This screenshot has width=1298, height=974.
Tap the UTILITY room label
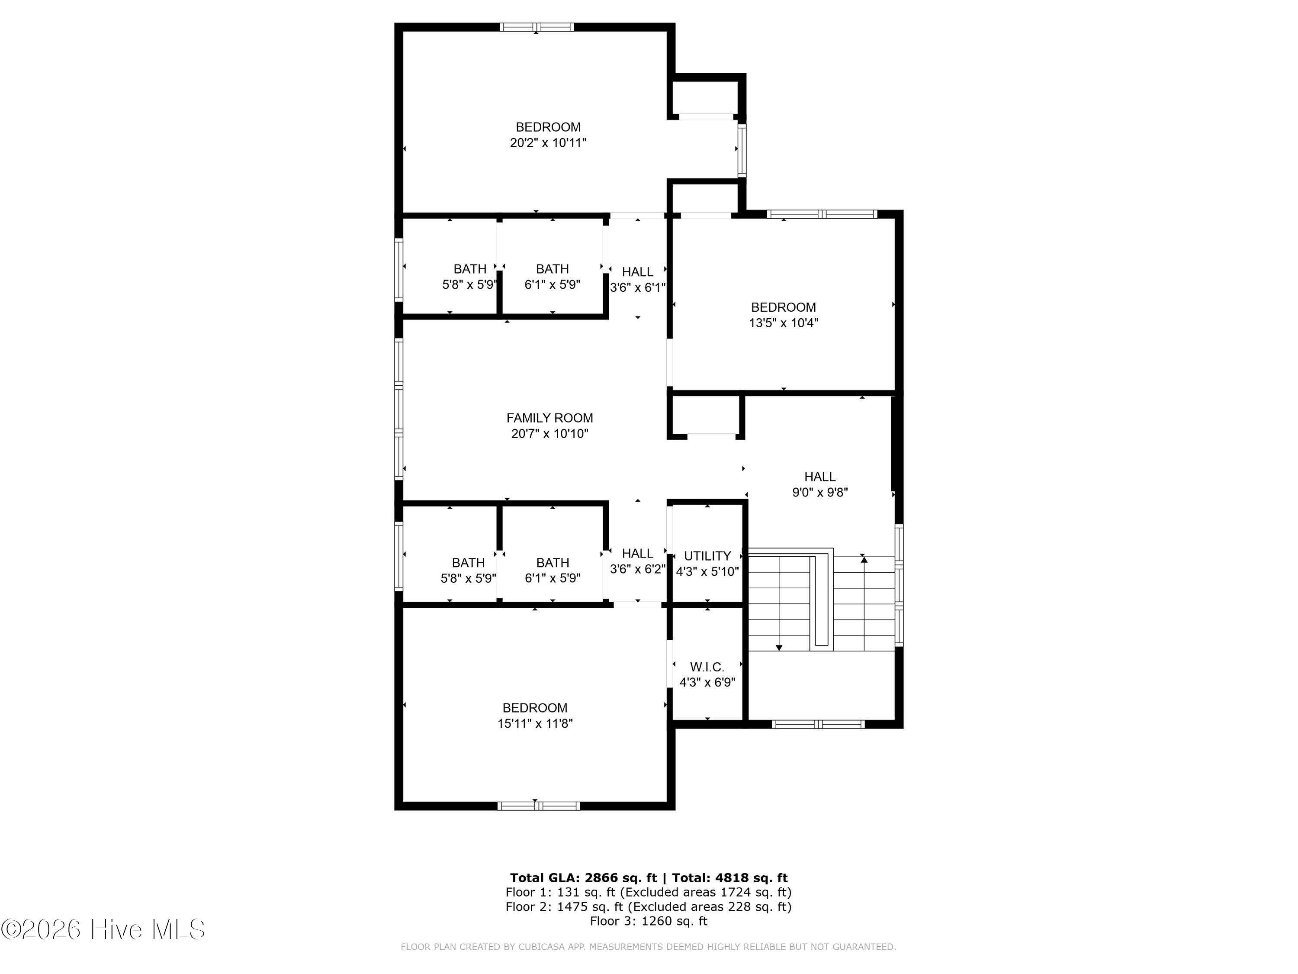point(708,556)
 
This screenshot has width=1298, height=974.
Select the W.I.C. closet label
point(707,667)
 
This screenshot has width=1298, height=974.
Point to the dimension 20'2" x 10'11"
point(548,143)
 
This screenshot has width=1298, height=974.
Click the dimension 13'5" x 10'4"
point(784,323)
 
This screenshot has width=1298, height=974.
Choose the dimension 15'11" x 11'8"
point(535,723)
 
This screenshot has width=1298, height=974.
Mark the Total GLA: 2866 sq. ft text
point(583,878)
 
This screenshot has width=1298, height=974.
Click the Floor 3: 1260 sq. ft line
point(649,921)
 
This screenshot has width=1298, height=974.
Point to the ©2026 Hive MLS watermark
point(103,929)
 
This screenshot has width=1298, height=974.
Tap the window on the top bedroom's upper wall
point(537,27)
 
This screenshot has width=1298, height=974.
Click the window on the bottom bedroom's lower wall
point(539,806)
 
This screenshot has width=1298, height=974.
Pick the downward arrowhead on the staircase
point(779,648)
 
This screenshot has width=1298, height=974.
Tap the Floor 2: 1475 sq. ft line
point(649,906)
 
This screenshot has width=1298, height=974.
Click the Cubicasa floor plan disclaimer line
point(649,946)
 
